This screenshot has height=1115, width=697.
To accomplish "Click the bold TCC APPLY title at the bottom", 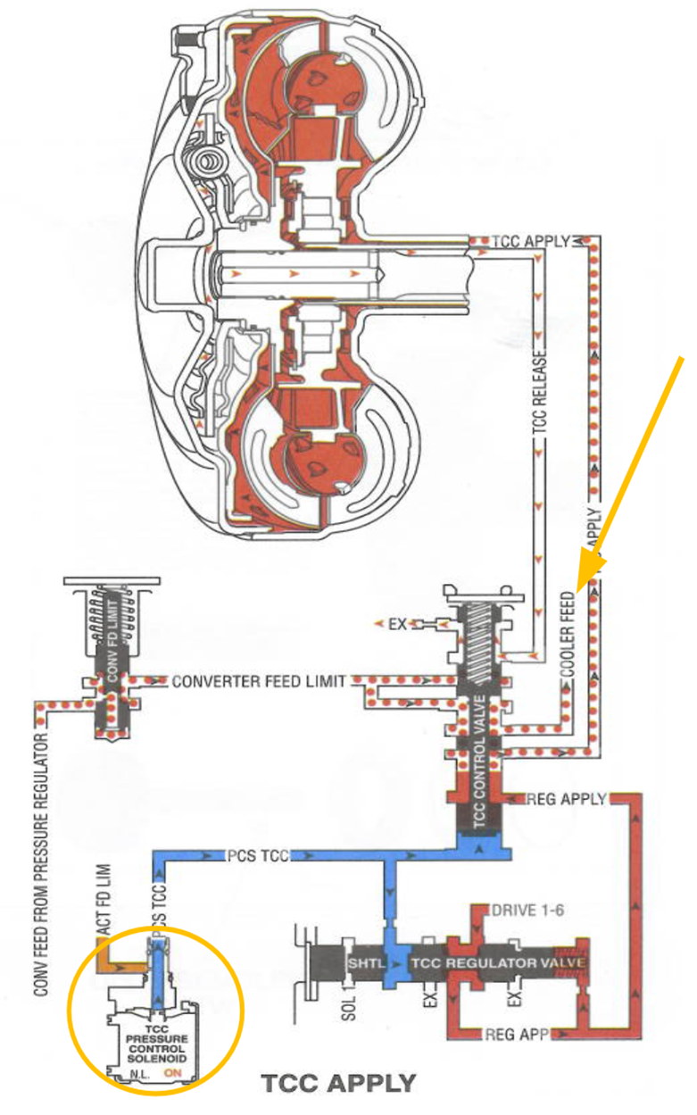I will tap(338, 1084).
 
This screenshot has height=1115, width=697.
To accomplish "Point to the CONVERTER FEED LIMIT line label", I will tap(258, 681).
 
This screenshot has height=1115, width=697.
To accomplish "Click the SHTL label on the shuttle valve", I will tap(362, 964).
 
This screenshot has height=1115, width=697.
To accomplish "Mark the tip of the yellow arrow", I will tap(581, 590).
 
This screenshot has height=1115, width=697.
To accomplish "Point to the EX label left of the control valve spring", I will tap(396, 624).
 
